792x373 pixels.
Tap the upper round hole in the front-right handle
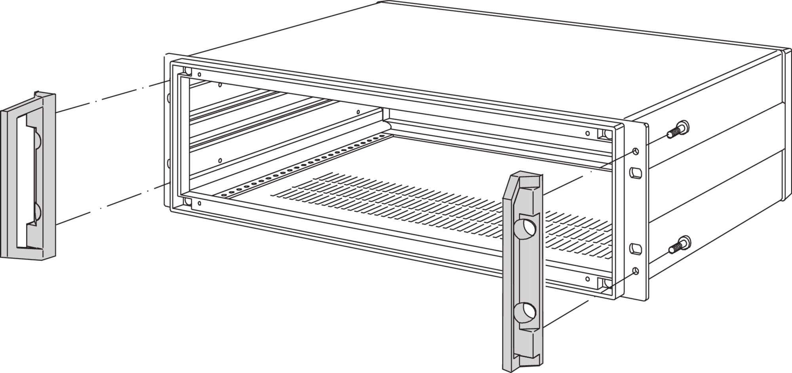526,228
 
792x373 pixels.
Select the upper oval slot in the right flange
635,173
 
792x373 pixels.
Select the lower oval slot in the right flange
635,249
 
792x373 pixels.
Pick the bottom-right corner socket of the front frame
606,283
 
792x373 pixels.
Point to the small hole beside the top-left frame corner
199,74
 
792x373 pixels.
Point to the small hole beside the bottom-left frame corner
199,203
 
